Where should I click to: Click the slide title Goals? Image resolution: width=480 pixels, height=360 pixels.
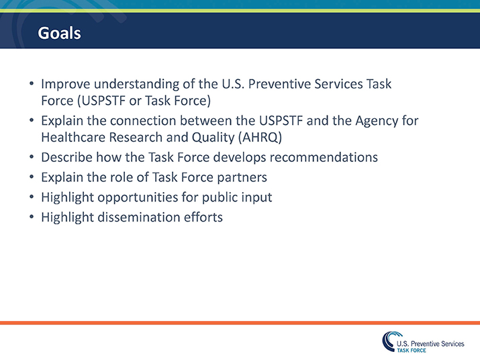point(58,33)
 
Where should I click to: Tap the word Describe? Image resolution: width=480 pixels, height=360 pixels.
point(67,158)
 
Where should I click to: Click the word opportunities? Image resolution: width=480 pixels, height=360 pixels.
point(140,198)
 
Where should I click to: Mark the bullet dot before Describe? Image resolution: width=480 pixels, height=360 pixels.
point(32,159)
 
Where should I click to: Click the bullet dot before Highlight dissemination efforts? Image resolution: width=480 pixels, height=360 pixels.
point(32,218)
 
